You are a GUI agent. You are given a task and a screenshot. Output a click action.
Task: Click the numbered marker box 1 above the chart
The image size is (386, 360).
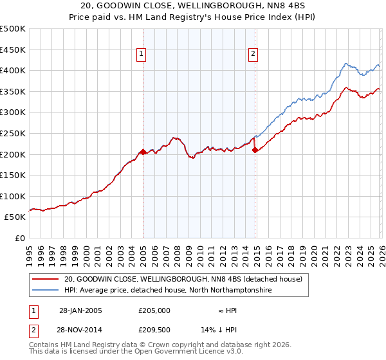(140, 55)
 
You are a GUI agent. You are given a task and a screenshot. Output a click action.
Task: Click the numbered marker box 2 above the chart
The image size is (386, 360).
(253, 55)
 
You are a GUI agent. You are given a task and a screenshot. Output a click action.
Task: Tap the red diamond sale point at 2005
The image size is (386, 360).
(143, 152)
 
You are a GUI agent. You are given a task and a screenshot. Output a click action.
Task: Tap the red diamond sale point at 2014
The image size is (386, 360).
(255, 150)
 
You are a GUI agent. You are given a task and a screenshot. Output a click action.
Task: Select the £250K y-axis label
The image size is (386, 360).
(13, 133)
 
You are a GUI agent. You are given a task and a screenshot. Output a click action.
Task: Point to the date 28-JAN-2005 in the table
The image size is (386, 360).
(81, 310)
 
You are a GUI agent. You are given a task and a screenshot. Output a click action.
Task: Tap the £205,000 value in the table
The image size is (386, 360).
(154, 310)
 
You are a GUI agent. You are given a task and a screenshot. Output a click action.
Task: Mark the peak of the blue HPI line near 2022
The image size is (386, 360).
(346, 64)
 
